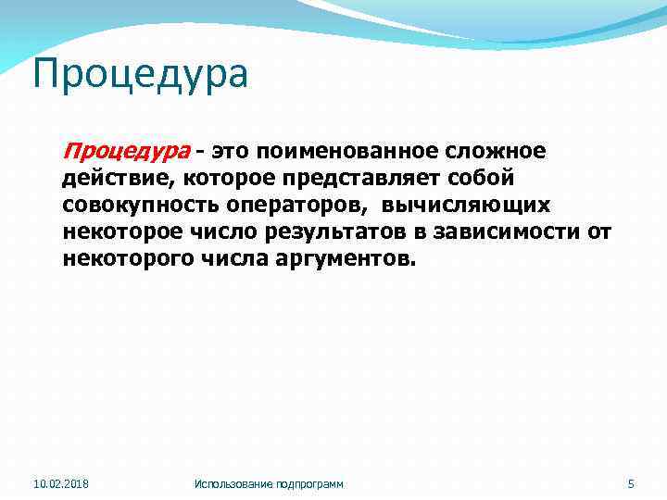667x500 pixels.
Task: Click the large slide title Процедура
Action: [x=140, y=74]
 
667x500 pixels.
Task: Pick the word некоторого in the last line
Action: [x=127, y=257]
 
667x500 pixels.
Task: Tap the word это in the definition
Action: [x=235, y=150]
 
